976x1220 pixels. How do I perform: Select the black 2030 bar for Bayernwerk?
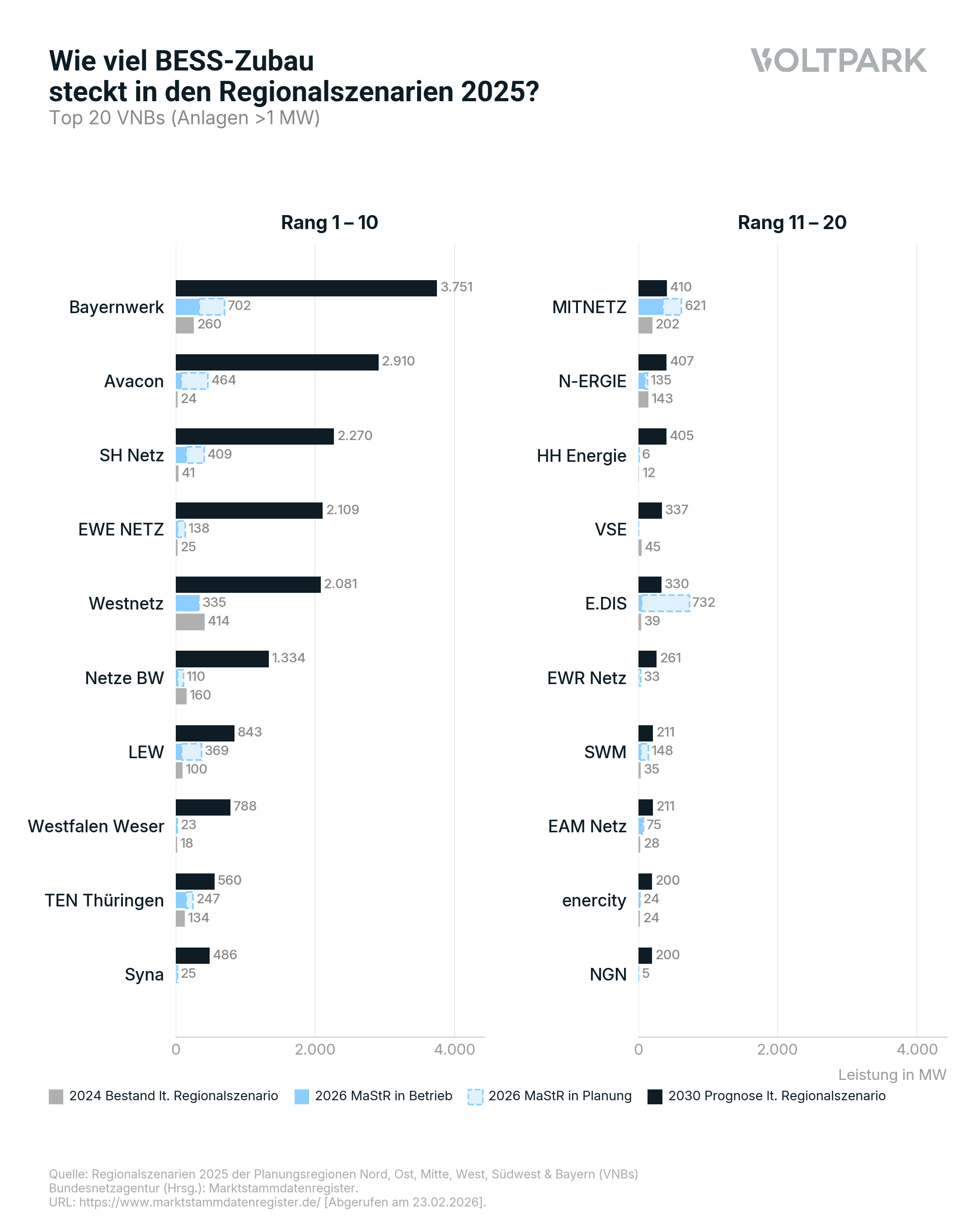click(x=305, y=288)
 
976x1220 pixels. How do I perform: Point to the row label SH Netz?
click(x=131, y=455)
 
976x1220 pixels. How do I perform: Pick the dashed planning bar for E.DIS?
click(x=665, y=603)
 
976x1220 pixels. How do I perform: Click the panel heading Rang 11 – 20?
click(x=792, y=222)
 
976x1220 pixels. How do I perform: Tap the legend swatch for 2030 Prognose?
click(x=655, y=1096)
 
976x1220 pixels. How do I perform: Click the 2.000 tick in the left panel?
click(x=314, y=1050)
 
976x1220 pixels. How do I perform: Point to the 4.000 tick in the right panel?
click(x=917, y=1050)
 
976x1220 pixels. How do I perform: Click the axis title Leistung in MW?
click(x=892, y=1075)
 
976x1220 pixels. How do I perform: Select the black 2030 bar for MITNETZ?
click(x=652, y=288)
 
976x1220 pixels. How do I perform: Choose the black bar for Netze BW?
click(x=222, y=659)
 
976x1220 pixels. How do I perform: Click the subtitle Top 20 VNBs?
click(x=184, y=117)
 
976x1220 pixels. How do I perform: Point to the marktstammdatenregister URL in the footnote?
click(x=199, y=1202)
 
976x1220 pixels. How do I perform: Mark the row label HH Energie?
click(x=581, y=455)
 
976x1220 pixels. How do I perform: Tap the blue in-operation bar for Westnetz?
click(x=187, y=603)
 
